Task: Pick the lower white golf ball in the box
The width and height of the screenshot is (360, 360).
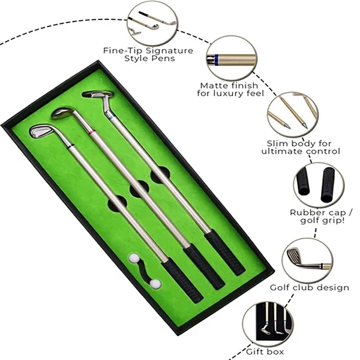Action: [155, 284]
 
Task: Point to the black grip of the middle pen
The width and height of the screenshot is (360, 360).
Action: [203, 265]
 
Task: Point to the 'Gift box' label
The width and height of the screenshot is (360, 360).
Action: [265, 351]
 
